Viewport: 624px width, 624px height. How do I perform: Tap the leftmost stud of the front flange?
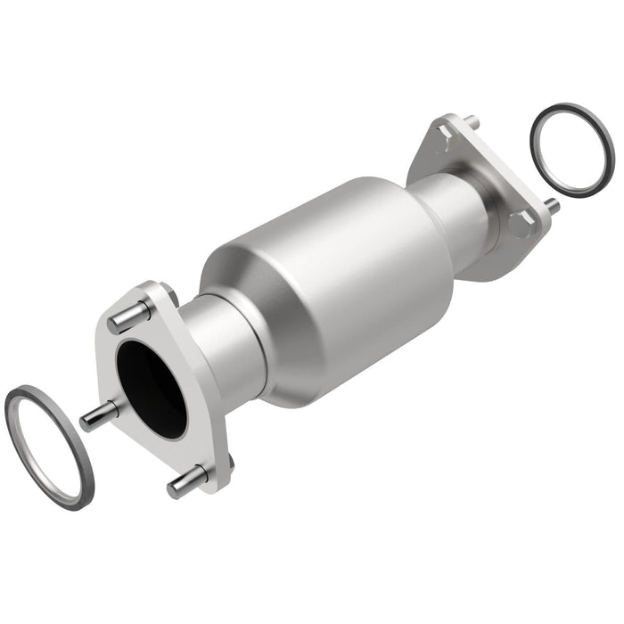[100, 415]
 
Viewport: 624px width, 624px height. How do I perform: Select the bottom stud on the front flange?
[185, 481]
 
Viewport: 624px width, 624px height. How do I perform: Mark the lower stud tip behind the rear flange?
[552, 205]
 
